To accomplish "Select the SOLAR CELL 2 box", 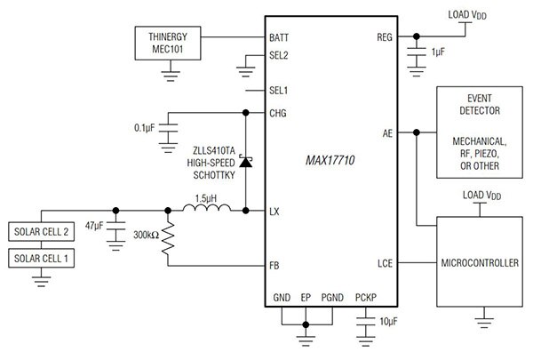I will pyautogui.click(x=41, y=233).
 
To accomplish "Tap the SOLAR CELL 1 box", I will pyautogui.click(x=41, y=260).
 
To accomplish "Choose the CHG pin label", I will pyautogui.click(x=280, y=113).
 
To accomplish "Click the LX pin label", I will pyautogui.click(x=276, y=212).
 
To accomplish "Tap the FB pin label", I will pyautogui.click(x=276, y=266).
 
